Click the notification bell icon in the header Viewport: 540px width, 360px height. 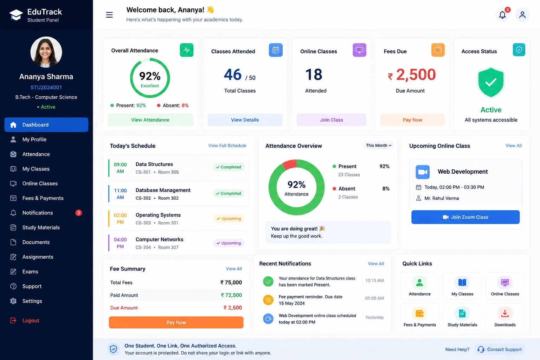pos(502,15)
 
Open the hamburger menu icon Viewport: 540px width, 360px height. pos(109,15)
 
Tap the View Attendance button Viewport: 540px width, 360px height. pos(150,120)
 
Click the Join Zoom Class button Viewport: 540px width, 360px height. pos(465,217)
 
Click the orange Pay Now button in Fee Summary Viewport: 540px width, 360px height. pos(176,322)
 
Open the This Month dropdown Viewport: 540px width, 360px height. pos(378,146)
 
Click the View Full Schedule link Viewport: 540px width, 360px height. pos(227,146)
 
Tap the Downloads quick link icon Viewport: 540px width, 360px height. pos(505,314)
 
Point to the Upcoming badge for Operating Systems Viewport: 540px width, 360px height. pos(229,218)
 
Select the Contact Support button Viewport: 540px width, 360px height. pos(500,349)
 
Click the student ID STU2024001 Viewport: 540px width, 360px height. pos(46,87)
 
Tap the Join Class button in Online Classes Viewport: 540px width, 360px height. pos(331,120)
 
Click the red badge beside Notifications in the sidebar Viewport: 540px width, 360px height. pos(79,213)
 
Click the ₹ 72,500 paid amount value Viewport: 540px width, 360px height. pos(231,295)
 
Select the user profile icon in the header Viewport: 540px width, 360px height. pos(522,15)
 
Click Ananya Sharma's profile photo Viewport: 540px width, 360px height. pos(46,52)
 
